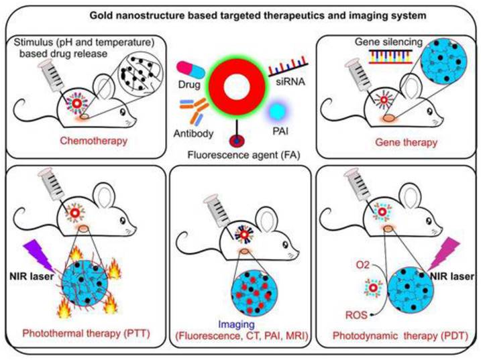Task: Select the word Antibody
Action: (197, 133)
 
